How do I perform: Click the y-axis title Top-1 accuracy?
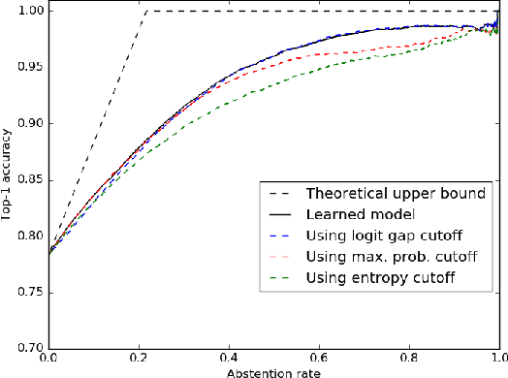(x=8, y=178)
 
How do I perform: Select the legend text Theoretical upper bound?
(x=396, y=194)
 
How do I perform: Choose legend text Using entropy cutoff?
(x=377, y=279)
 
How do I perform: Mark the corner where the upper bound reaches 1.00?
(x=145, y=11)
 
